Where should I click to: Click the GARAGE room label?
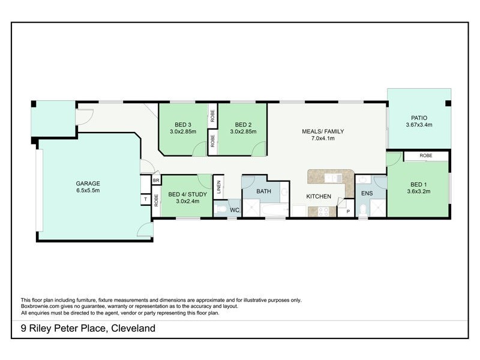tap(88, 184)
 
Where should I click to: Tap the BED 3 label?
tap(181, 125)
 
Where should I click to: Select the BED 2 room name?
tap(242, 125)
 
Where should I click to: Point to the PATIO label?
tap(419, 118)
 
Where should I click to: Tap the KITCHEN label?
tap(319, 197)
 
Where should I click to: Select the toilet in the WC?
tap(220, 209)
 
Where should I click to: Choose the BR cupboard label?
tap(156, 180)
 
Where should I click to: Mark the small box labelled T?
tap(145, 200)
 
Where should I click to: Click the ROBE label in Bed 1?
tap(425, 155)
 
